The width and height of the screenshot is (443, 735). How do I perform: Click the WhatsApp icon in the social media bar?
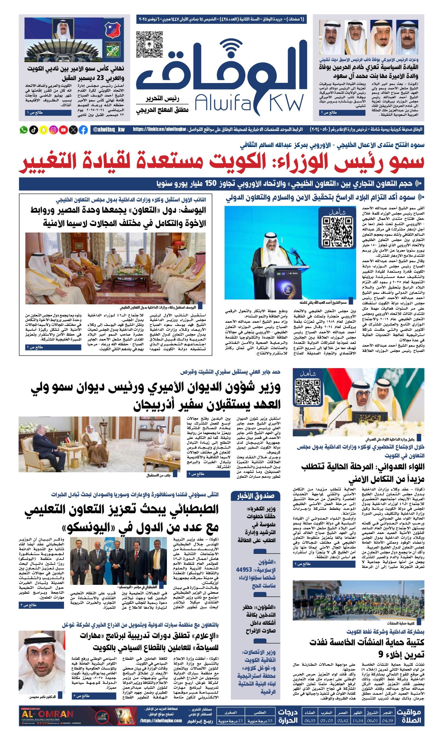[x=23, y=130]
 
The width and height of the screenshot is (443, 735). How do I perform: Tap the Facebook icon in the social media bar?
[x=83, y=130]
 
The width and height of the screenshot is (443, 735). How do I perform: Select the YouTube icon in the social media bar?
[x=63, y=130]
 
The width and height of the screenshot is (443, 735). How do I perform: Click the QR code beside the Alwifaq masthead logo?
[x=150, y=45]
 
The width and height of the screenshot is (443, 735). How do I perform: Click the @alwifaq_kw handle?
[x=109, y=130]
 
